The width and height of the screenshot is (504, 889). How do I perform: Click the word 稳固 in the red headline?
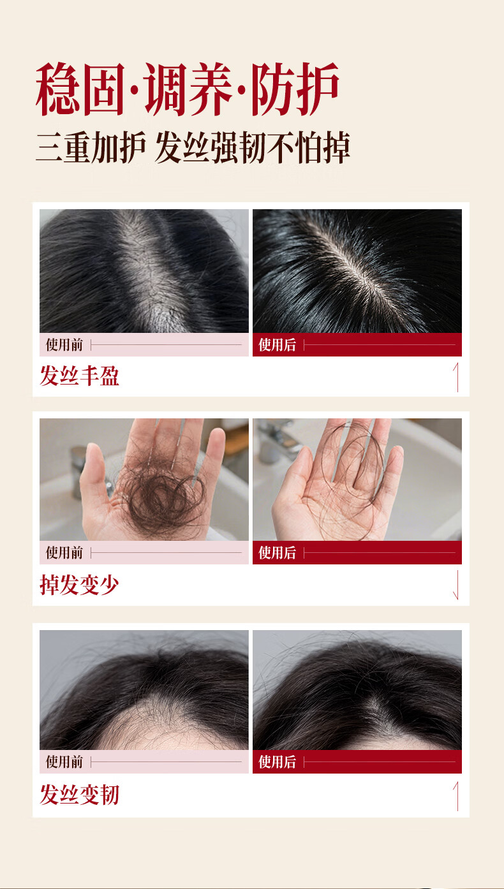[x=80, y=89]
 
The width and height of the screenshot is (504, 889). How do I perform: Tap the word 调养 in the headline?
[x=188, y=89]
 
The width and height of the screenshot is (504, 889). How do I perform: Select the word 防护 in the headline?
[x=295, y=89]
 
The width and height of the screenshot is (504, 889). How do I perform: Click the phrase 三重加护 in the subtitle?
[x=91, y=147]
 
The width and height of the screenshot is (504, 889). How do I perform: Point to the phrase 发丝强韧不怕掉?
[x=253, y=147]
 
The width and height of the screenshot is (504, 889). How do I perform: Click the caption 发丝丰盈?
[x=80, y=376]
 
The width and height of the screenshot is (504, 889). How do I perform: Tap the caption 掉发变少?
[x=80, y=584]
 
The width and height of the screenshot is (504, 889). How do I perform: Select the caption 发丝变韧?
[x=80, y=795]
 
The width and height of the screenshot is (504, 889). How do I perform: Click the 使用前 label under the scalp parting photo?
[x=64, y=345]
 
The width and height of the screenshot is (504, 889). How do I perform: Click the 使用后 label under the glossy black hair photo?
[x=278, y=345]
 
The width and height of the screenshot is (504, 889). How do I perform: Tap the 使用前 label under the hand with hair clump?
[x=64, y=552]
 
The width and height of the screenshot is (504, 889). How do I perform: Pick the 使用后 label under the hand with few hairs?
[x=278, y=552]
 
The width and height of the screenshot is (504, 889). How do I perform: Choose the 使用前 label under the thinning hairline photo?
[x=64, y=761]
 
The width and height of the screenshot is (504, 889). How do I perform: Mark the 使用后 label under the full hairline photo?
[x=278, y=761]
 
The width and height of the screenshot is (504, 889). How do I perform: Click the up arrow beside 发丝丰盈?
[x=457, y=377]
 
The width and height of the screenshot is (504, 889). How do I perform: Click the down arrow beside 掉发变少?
[x=457, y=585]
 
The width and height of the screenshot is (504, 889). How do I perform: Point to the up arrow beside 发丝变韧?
[x=457, y=797]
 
